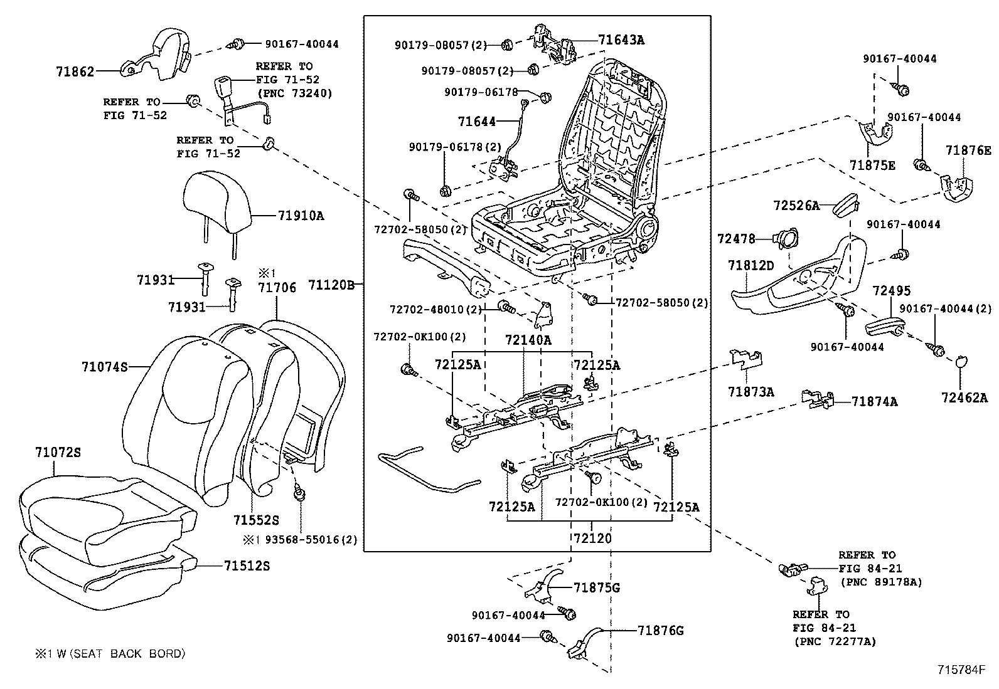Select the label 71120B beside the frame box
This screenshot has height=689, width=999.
click(331, 286)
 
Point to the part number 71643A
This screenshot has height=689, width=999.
click(621, 40)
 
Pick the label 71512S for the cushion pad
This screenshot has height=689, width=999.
click(247, 566)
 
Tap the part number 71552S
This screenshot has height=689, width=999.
click(256, 520)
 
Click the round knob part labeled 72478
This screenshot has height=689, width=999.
click(784, 238)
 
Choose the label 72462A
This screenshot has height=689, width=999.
click(964, 397)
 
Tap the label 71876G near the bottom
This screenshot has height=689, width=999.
click(660, 630)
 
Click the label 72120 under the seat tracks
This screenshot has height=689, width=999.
click(592, 538)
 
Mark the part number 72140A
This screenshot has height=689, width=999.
click(528, 340)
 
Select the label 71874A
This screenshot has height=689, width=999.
click(874, 401)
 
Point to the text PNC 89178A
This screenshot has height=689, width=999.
click(881, 582)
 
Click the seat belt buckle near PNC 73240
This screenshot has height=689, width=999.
click(223, 87)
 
